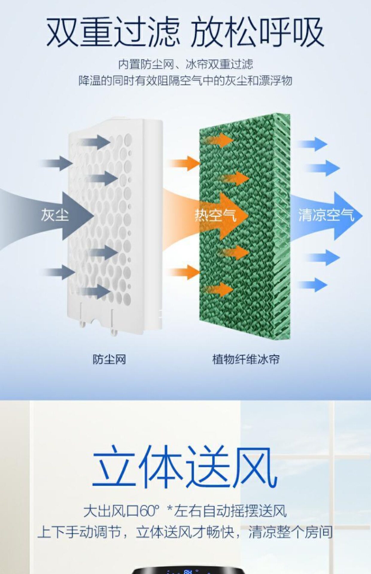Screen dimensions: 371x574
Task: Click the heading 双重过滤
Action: tap(113, 32)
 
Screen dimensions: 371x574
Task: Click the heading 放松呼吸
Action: tap(257, 32)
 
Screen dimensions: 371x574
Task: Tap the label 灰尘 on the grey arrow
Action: tap(55, 215)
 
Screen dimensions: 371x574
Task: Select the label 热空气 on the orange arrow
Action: tap(215, 215)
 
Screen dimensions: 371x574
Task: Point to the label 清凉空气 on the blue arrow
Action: tap(326, 215)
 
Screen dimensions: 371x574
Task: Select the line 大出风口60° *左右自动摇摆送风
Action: tap(185, 511)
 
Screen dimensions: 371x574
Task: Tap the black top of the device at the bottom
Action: tap(185, 570)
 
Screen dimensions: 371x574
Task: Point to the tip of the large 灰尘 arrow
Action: tap(93, 216)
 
